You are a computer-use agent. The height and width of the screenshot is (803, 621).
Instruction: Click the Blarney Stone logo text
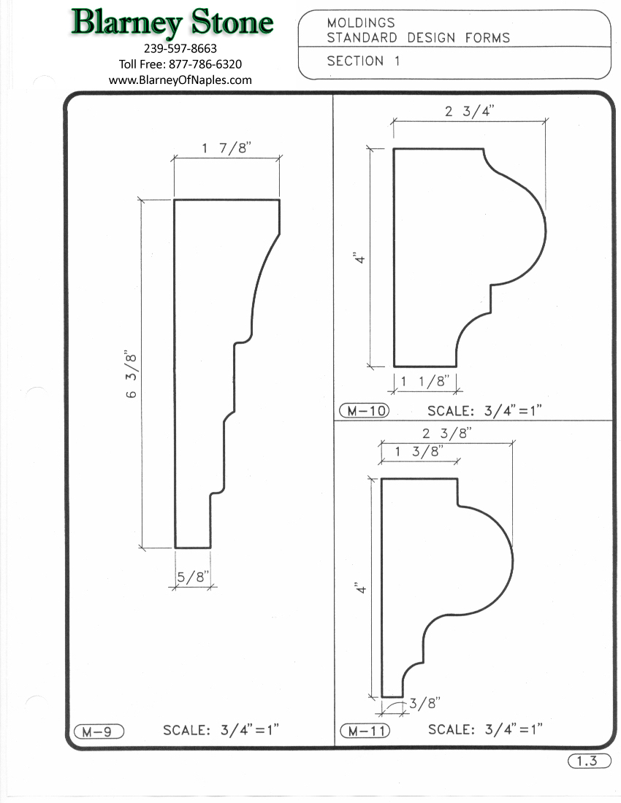[x=172, y=23]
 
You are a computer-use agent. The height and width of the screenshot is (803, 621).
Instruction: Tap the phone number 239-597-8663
[x=180, y=49]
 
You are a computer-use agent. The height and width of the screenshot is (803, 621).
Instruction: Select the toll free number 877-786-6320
[x=205, y=64]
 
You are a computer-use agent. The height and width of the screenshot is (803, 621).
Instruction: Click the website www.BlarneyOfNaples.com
[x=180, y=80]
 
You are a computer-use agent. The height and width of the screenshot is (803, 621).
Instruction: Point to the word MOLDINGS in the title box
[x=361, y=23]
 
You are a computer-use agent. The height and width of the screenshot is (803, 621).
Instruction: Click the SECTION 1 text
[x=363, y=61]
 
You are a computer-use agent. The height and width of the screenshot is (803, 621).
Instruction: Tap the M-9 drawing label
[x=99, y=731]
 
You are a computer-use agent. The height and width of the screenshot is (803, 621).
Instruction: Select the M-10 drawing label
[x=365, y=411]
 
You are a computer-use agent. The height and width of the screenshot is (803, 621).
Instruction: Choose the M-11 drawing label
[x=365, y=731]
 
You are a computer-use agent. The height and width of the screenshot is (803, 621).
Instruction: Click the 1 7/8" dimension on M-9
[x=226, y=148]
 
